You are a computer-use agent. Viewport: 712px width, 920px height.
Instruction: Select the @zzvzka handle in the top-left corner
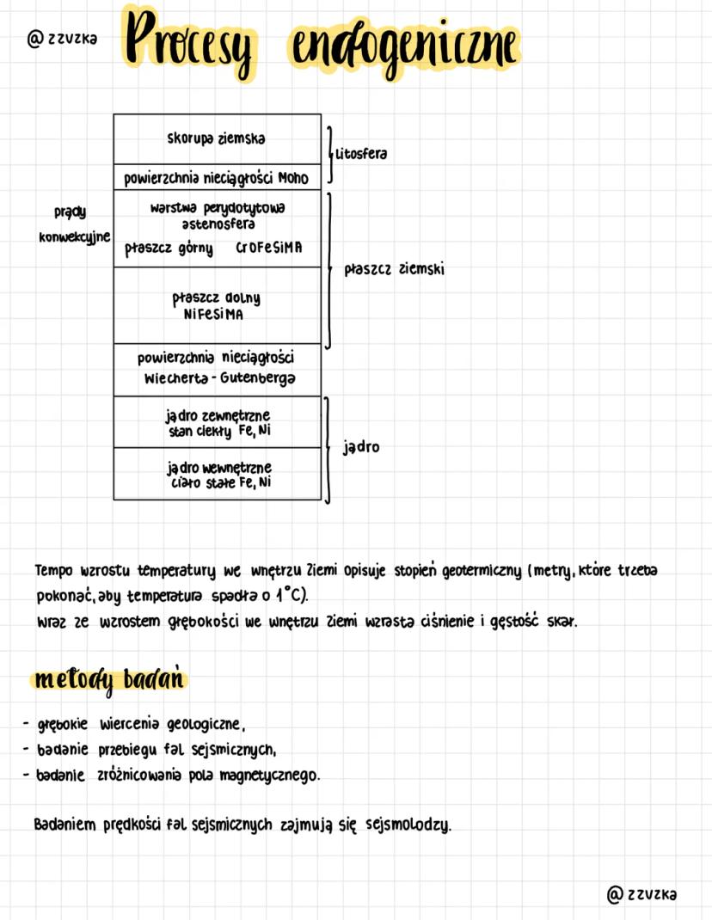[x=62, y=39]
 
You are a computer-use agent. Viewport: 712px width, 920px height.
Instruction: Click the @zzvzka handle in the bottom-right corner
[x=641, y=894]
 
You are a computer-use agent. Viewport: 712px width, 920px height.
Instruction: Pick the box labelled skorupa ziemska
[x=217, y=138]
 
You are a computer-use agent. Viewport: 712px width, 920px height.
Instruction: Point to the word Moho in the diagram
[x=292, y=179]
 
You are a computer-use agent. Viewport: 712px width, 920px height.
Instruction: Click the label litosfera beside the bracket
[x=361, y=154]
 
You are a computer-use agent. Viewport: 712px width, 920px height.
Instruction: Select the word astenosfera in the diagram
[x=218, y=224]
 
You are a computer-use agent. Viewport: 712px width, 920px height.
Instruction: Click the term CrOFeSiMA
[x=268, y=248]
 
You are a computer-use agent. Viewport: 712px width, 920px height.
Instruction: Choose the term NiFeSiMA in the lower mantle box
[x=214, y=315]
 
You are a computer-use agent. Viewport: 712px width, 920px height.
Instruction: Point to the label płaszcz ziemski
[x=394, y=269]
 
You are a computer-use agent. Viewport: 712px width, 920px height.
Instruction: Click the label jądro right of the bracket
[x=360, y=448]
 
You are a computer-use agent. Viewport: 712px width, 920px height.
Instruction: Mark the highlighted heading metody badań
[x=109, y=680]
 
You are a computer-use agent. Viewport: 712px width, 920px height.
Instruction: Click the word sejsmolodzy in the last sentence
[x=408, y=825]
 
